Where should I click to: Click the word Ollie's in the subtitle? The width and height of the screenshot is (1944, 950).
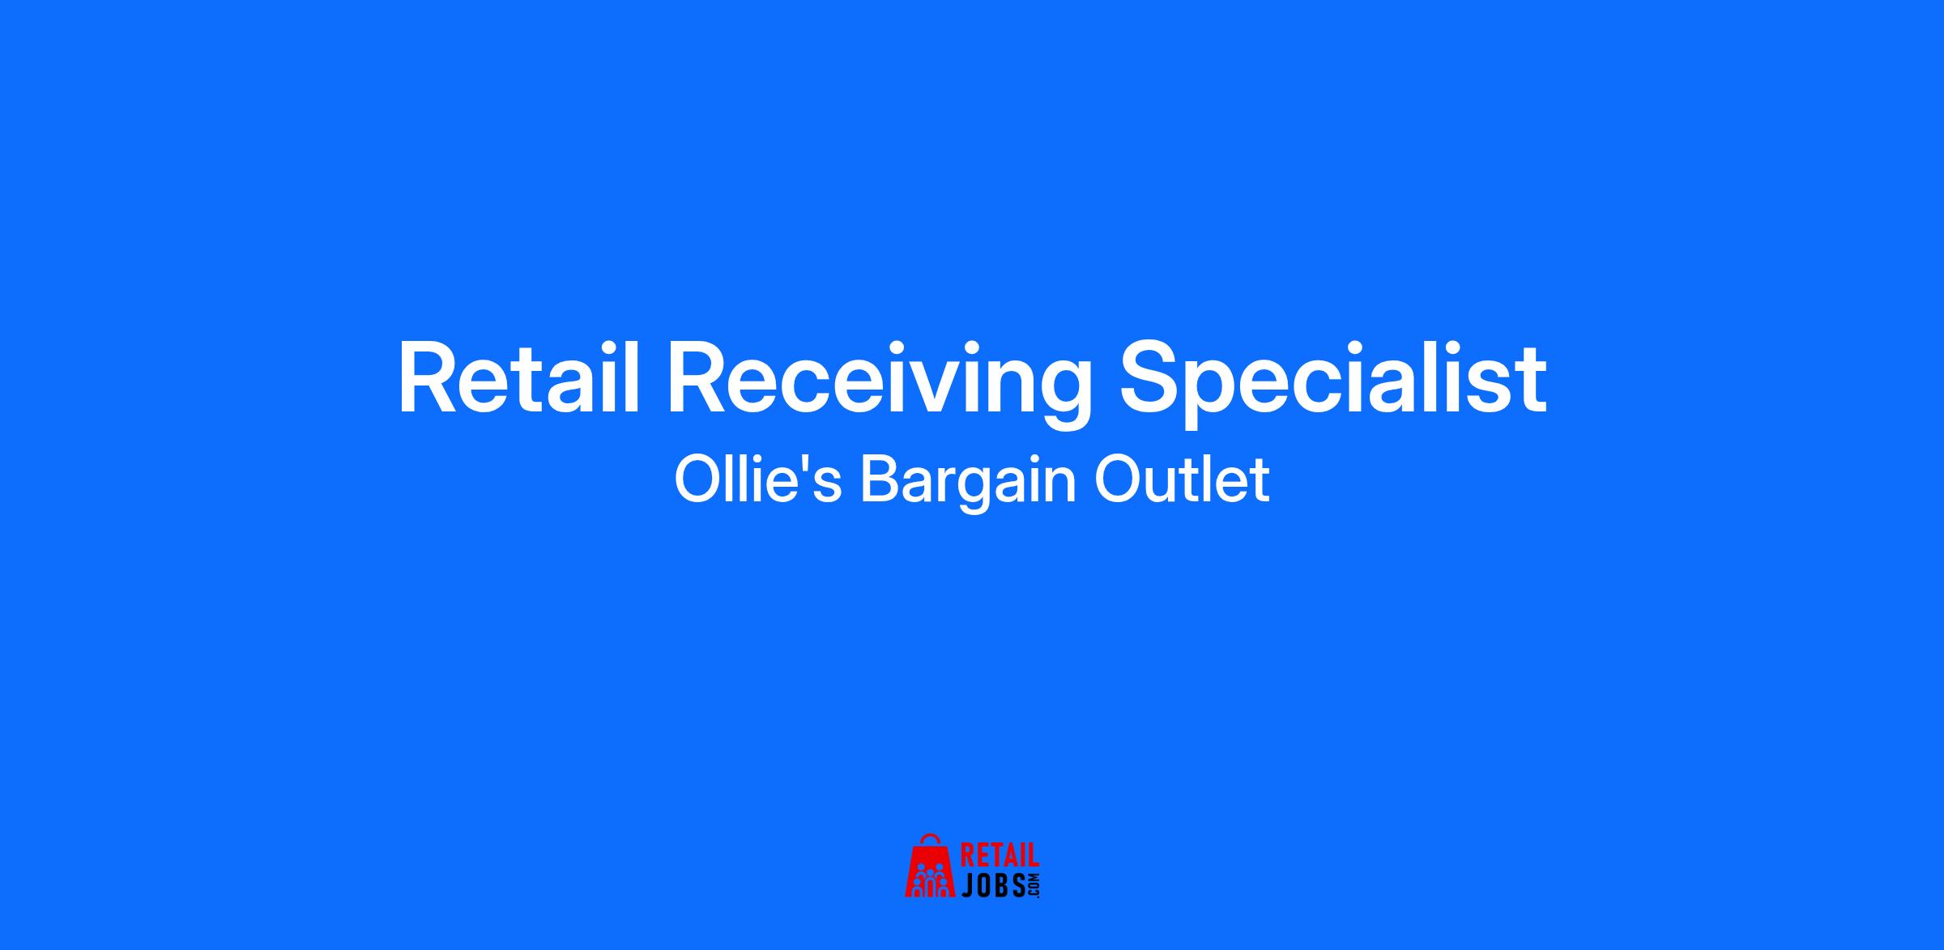point(758,479)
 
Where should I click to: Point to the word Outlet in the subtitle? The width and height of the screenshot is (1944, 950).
point(1182,479)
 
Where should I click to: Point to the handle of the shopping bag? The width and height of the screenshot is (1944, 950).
point(931,839)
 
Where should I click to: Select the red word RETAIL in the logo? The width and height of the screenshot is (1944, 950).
point(1000,857)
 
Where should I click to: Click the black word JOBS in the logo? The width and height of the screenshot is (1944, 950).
point(993,885)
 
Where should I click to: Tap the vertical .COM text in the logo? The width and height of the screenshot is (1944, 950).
point(1034,885)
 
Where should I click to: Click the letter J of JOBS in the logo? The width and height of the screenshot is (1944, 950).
point(967,885)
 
